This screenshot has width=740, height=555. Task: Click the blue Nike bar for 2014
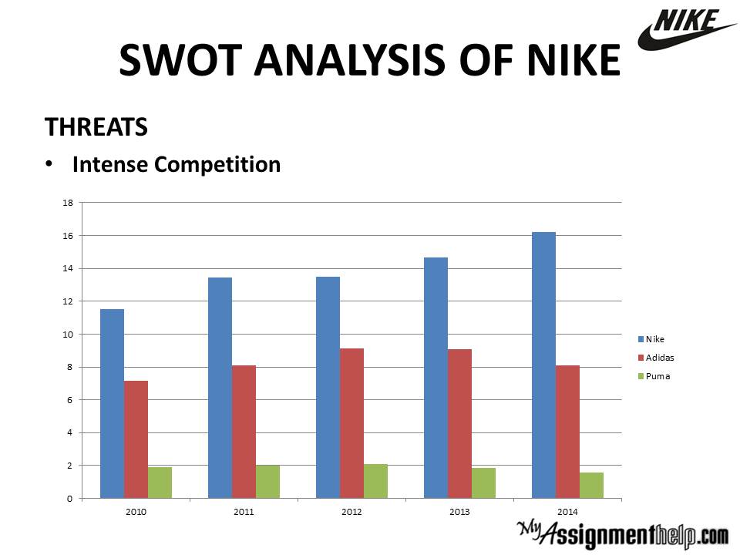(543, 365)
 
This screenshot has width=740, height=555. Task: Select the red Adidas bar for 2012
(351, 423)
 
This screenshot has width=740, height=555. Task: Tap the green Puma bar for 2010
(160, 483)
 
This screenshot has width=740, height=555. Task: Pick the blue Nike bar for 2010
(113, 403)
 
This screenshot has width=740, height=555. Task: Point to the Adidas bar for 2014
(568, 432)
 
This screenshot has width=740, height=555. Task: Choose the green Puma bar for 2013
(484, 483)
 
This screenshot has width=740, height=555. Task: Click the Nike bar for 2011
(220, 388)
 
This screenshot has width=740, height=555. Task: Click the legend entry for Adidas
(656, 358)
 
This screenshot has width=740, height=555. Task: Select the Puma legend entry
(654, 376)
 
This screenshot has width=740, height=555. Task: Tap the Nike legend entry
(651, 339)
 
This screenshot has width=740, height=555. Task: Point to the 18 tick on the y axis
(68, 203)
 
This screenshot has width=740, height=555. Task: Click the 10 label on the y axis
(68, 335)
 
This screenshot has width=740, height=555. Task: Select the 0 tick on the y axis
(70, 499)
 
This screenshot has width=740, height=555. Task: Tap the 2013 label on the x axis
(459, 512)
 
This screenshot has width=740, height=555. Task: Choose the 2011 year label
(244, 512)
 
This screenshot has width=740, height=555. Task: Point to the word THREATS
(96, 126)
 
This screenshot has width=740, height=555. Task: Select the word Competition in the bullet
(217, 165)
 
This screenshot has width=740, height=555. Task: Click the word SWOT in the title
(180, 60)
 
